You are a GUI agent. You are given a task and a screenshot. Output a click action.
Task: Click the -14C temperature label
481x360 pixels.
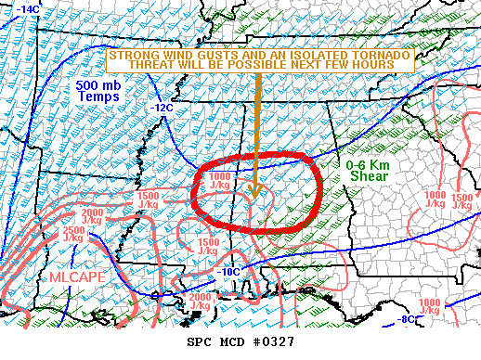pos(28,9)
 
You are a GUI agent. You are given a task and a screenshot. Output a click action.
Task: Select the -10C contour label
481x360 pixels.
pos(232,271)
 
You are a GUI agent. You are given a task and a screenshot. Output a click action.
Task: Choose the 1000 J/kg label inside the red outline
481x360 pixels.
pos(220,181)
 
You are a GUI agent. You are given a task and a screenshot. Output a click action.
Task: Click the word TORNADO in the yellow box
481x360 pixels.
pos(379,55)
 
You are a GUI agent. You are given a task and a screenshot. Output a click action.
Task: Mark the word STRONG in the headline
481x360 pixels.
pos(131,55)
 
